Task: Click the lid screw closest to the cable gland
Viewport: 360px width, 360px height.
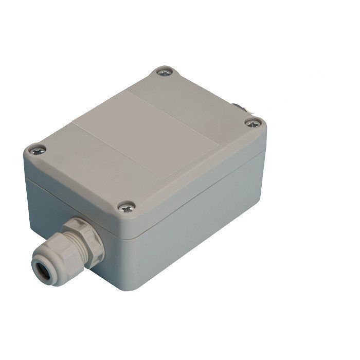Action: [x=126, y=207]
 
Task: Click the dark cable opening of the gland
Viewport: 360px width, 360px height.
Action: [x=40, y=268]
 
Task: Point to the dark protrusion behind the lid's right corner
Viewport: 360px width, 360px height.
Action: [x=240, y=109]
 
